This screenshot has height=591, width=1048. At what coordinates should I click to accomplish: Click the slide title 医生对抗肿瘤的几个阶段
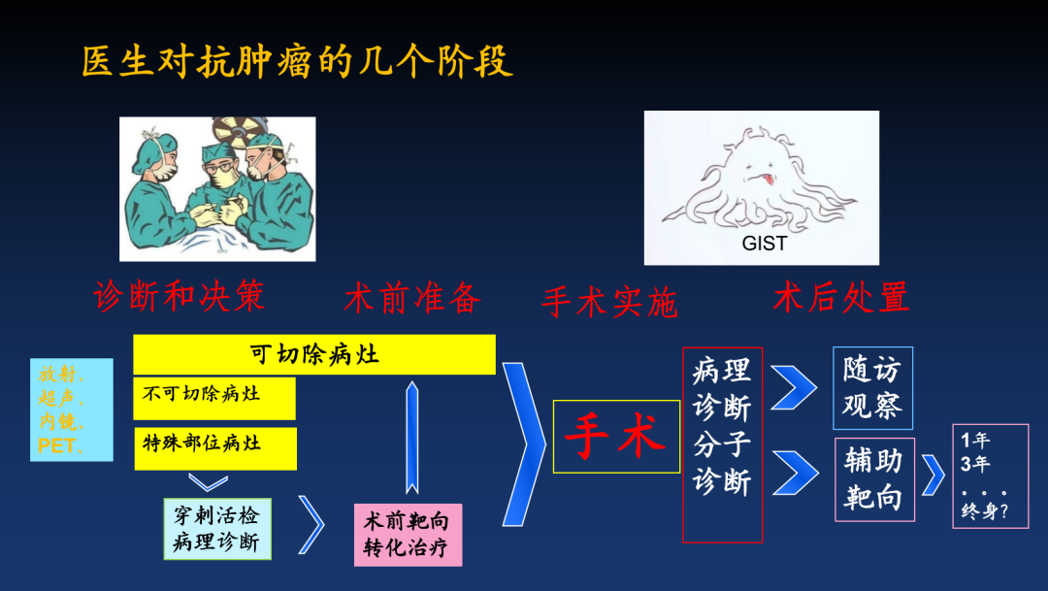298,62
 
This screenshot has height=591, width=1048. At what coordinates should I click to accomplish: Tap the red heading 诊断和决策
180,296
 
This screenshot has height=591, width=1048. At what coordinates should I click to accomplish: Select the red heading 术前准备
412,298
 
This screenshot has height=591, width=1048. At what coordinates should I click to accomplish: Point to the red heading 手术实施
609,302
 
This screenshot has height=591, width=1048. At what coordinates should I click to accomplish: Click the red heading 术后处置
840,297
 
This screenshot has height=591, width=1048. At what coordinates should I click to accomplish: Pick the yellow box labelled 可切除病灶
314,354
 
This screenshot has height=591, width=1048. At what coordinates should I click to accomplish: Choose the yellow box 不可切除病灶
214,399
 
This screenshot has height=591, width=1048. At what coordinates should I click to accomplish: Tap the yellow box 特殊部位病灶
215,448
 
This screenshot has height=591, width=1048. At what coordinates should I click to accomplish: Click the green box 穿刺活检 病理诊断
217,529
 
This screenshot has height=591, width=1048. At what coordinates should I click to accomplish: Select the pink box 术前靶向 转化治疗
408,535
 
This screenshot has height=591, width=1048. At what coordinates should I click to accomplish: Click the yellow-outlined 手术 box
616,437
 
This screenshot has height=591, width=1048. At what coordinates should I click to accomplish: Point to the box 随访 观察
873,388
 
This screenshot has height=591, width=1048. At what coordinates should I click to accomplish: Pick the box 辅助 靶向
874,479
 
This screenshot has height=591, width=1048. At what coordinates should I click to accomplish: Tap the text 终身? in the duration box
984,511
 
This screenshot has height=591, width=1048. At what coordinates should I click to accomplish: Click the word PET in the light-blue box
56,445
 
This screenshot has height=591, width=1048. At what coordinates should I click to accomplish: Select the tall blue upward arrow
412,438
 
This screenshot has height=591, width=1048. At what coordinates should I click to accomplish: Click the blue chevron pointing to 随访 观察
794,387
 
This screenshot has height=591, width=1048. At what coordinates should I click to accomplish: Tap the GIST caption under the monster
765,244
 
